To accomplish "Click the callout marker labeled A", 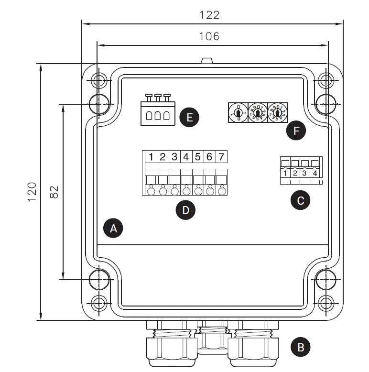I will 113,229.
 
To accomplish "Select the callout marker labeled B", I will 301,347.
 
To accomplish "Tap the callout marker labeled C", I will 301,200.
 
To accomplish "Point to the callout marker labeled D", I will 185,210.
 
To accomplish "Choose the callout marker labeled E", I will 189,117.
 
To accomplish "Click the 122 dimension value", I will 210,15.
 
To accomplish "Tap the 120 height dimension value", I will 32,191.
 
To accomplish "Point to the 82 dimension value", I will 54,191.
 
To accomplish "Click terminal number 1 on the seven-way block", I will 151,157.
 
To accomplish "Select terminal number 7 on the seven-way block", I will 221,157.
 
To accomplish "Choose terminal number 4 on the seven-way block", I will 186,157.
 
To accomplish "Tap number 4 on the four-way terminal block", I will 315,173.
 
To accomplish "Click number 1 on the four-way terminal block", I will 285,173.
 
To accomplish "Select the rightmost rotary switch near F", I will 277,113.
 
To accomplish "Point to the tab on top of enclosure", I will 206,61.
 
